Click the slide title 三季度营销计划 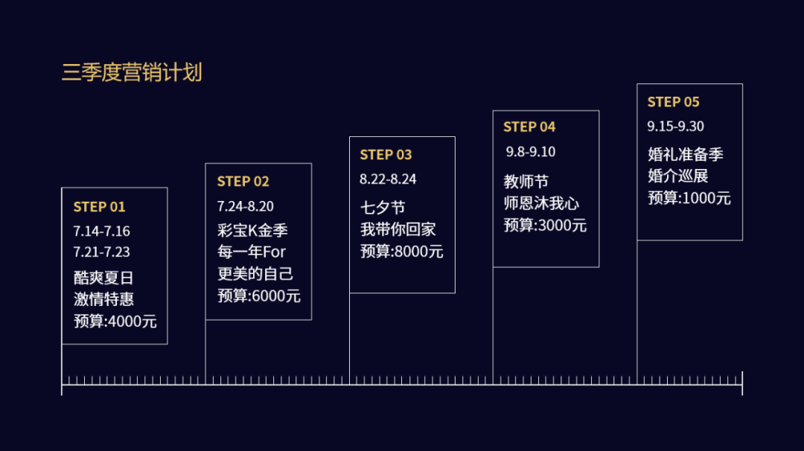point(132,73)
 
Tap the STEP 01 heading point(99,207)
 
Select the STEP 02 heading point(243,182)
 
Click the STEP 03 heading point(386,155)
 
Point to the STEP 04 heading point(529,127)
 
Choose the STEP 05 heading point(673,102)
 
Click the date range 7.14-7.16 point(101,231)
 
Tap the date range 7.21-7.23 point(101,252)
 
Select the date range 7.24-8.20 point(246,206)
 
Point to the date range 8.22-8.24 point(388,179)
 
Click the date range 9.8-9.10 point(531,152)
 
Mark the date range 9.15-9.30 point(675,127)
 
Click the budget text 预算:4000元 point(115,322)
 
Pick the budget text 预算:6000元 point(259,296)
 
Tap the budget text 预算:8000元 point(402,252)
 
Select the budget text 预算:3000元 point(545,225)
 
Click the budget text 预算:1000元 point(689,198)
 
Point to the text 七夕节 point(383,208)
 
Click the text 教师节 point(526,182)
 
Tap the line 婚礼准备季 point(685,155)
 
